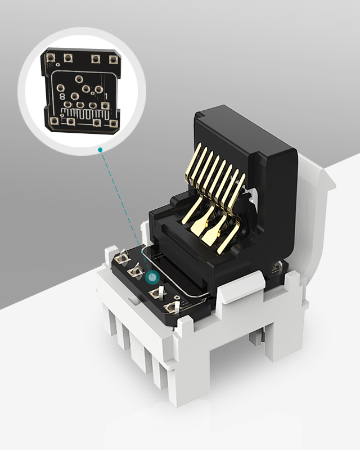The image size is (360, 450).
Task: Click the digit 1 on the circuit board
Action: [106, 97]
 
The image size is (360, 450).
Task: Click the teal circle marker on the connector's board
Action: [151, 278]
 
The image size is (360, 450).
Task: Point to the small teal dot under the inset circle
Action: [100, 150]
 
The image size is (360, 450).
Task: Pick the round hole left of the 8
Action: [60, 88]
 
